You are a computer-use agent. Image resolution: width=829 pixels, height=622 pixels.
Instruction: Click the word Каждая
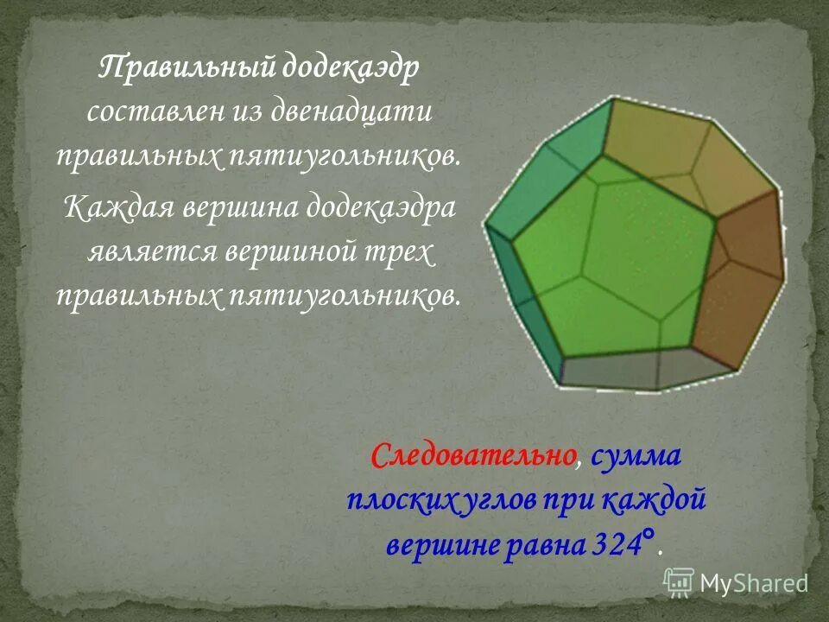tap(117, 208)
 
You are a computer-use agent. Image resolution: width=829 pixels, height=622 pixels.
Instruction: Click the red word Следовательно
tap(473, 454)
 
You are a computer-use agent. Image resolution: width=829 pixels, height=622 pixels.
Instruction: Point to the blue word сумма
tap(637, 454)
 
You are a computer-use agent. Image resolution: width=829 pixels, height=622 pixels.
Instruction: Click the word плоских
tap(397, 500)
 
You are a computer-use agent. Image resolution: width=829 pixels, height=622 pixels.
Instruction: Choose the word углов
tap(496, 500)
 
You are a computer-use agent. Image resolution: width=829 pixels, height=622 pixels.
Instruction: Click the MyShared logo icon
tap(679, 583)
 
